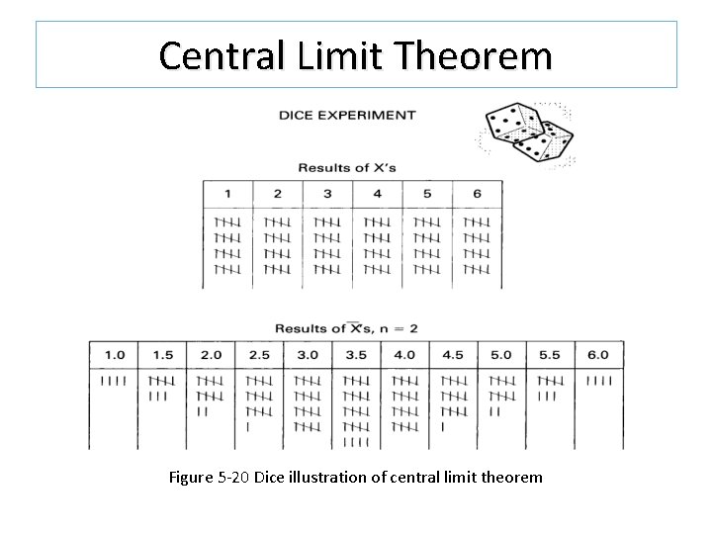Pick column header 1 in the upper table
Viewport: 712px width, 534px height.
point(227,194)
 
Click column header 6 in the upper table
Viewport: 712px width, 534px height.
point(477,194)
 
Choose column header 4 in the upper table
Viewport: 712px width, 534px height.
point(377,194)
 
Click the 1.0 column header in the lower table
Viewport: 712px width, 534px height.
point(114,355)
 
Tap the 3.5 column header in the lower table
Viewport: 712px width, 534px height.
point(356,355)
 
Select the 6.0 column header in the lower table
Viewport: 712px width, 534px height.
point(598,355)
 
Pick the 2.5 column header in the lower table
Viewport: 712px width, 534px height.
point(259,355)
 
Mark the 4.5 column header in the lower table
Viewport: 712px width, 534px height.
point(453,355)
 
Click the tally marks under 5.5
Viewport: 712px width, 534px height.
point(550,388)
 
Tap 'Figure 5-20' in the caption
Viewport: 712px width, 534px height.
point(210,478)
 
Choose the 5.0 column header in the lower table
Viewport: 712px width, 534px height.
point(501,355)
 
